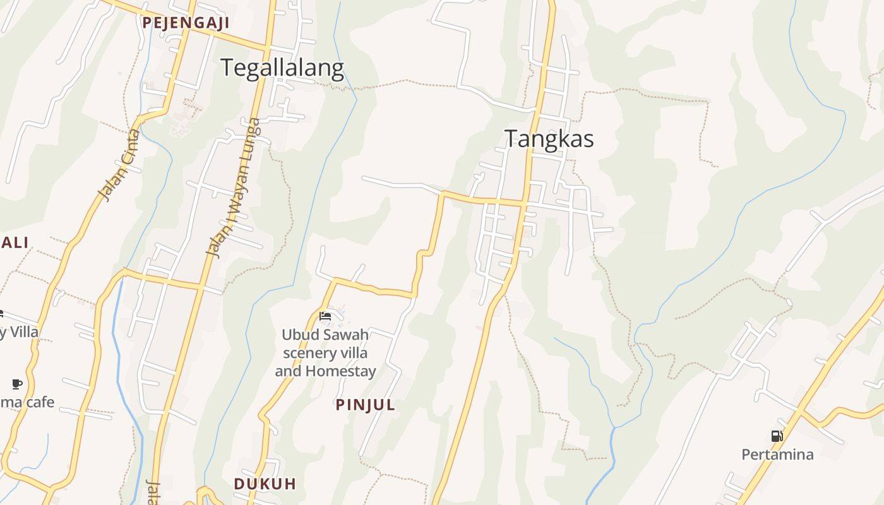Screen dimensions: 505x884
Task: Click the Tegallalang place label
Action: [x=282, y=68]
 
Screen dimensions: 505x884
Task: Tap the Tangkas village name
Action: [x=549, y=139]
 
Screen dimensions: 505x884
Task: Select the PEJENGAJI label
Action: [x=185, y=23]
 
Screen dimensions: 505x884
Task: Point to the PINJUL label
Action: [x=366, y=405]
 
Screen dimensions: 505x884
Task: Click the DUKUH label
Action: [x=265, y=484]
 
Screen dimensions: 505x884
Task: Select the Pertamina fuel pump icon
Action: [x=777, y=436]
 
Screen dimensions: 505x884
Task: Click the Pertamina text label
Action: [x=777, y=454]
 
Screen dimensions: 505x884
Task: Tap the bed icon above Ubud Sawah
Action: [x=325, y=316]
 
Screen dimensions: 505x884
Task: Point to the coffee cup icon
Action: [x=17, y=384]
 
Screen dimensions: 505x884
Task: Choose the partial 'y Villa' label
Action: [x=19, y=332]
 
